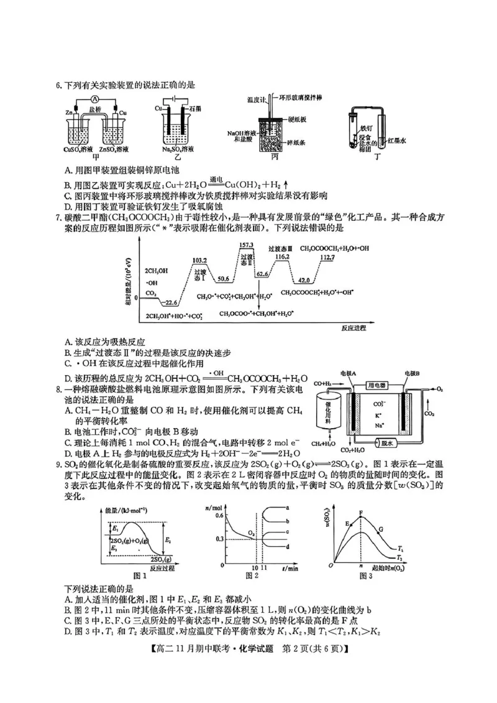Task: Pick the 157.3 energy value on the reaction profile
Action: coord(247,245)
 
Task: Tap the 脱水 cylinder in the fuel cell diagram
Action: coord(390,443)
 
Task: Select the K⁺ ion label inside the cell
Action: coord(378,413)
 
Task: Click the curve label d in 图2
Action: coord(286,546)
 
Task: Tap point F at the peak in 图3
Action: coord(362,513)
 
